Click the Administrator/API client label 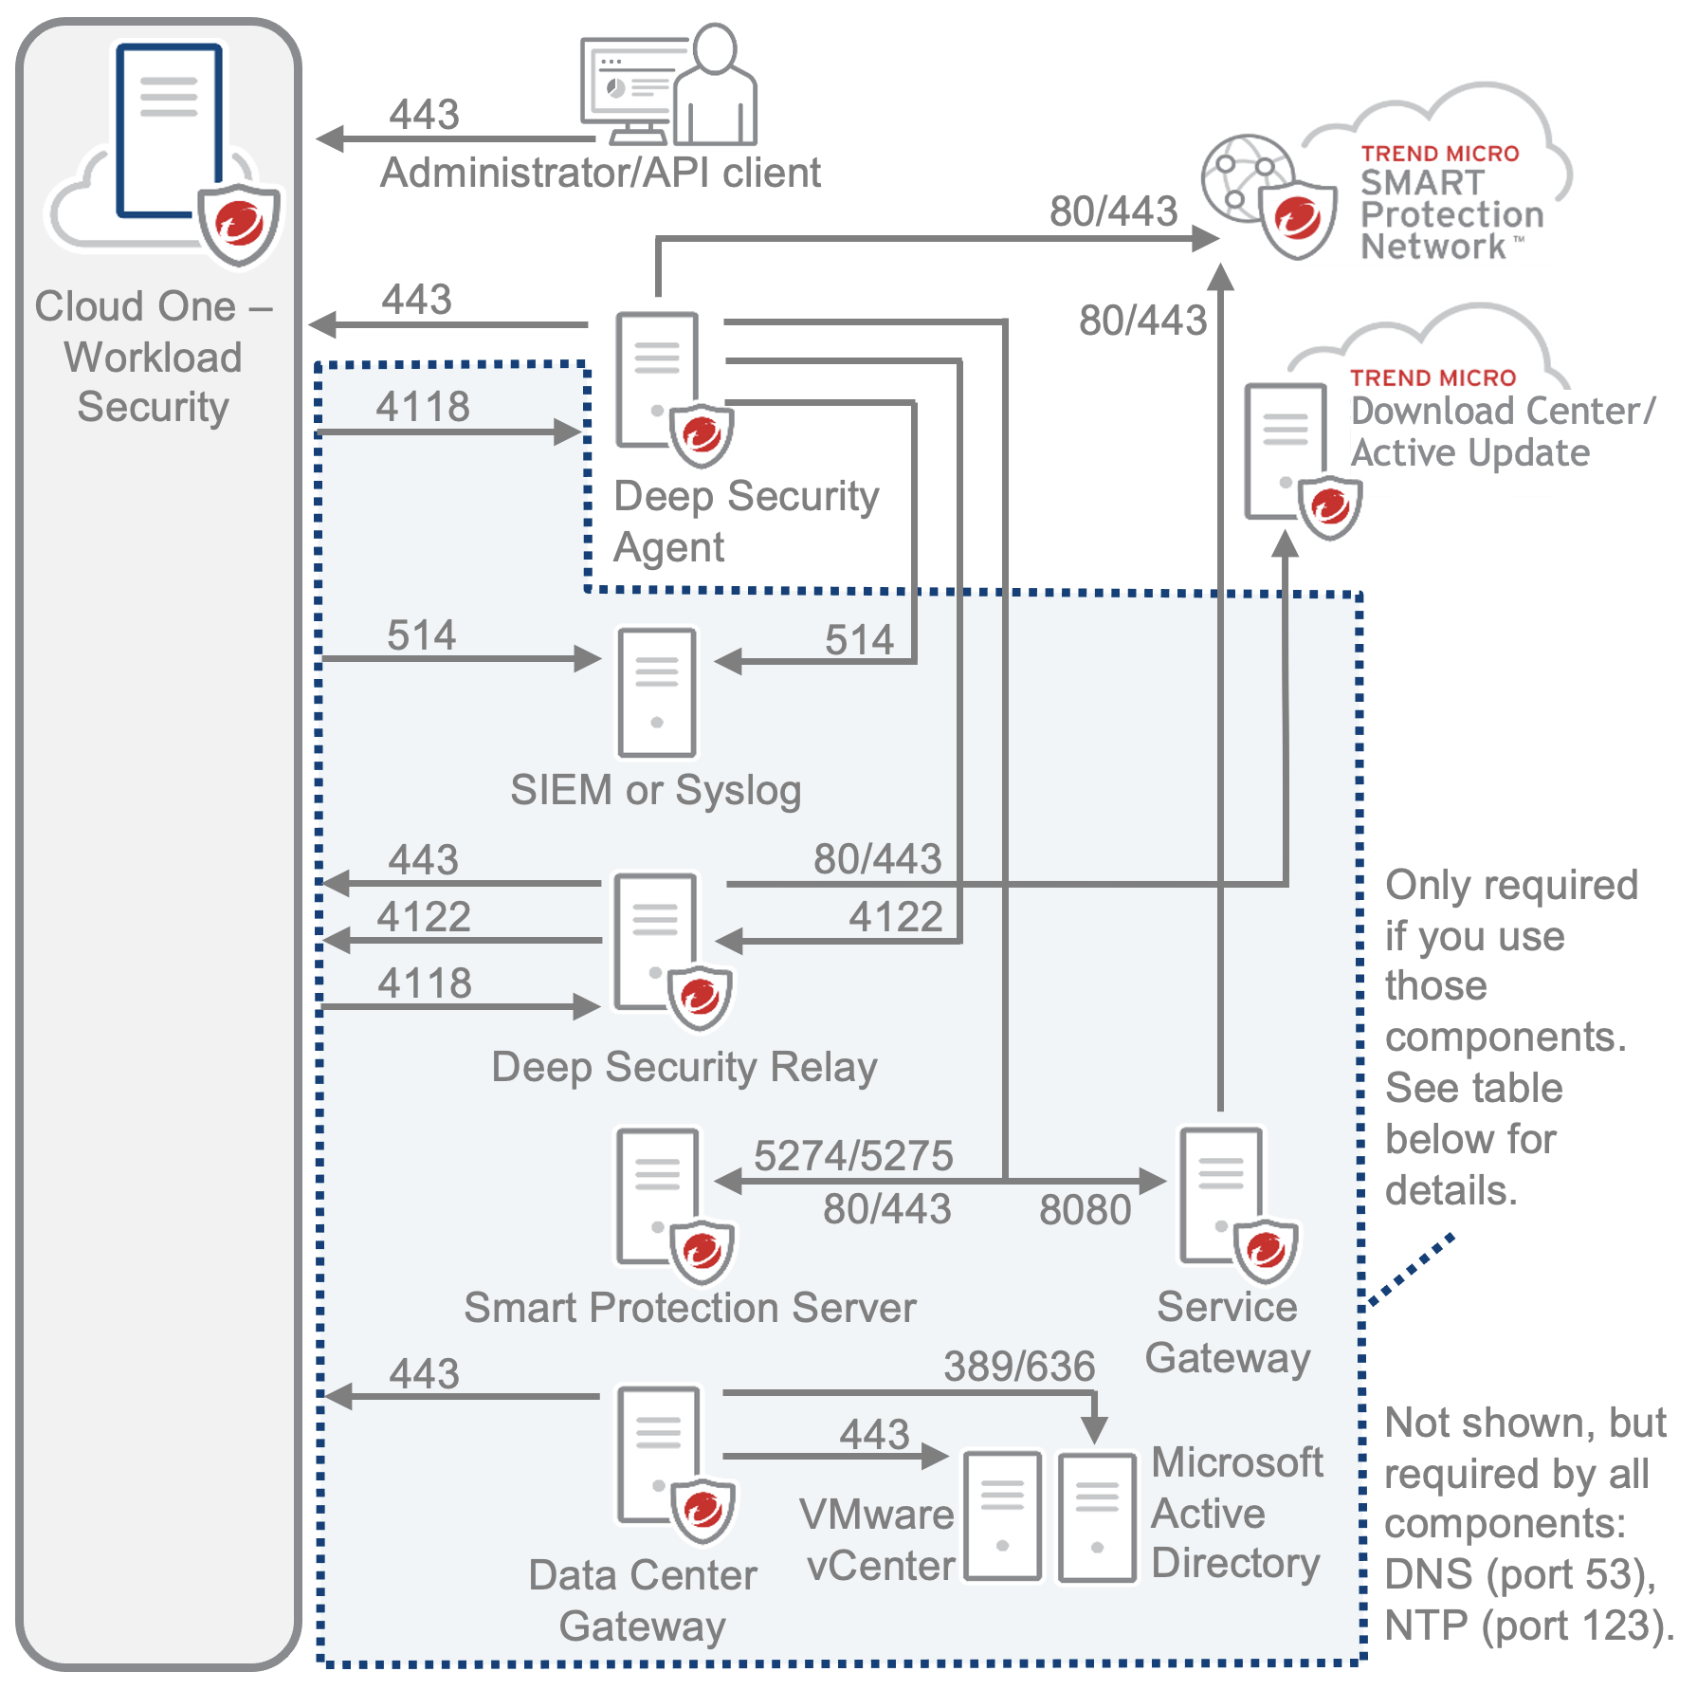click(x=600, y=174)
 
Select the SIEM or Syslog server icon click(x=657, y=692)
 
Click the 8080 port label click(x=1085, y=1210)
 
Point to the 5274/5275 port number click(x=853, y=1156)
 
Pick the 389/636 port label click(x=1019, y=1367)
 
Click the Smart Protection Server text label click(x=690, y=1308)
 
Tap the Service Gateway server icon click(x=1222, y=1195)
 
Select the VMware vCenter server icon click(x=1003, y=1515)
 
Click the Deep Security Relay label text click(x=684, y=1067)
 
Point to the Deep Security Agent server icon click(x=658, y=379)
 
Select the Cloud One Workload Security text click(x=154, y=357)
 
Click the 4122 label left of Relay click(x=424, y=917)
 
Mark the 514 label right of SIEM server click(x=859, y=640)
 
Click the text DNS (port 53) click(x=1519, y=1575)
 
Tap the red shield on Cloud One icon click(x=239, y=224)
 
